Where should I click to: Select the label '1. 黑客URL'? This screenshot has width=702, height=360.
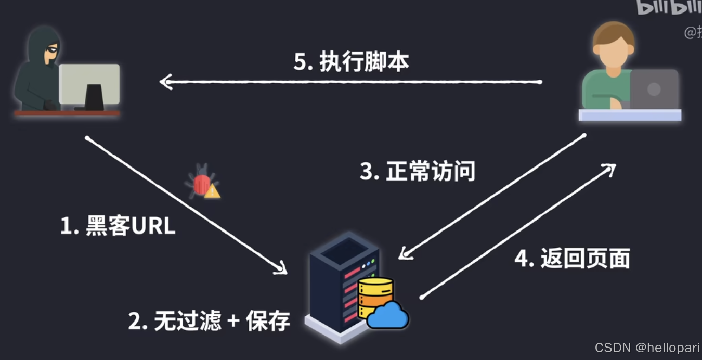(118, 226)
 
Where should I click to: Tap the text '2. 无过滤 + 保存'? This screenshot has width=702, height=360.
(209, 321)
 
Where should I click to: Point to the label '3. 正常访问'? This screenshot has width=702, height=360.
(418, 171)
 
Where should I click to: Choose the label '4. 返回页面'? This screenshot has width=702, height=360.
(572, 258)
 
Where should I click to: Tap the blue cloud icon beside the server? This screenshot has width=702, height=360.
(388, 315)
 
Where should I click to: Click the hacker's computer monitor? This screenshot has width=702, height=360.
(89, 84)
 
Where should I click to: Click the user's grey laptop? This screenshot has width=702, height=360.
(654, 89)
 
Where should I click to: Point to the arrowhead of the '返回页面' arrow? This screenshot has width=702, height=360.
(611, 168)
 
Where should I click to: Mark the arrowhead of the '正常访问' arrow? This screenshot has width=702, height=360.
(403, 254)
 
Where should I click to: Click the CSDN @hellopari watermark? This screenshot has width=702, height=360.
(647, 348)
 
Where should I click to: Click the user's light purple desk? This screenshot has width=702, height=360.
(630, 115)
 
